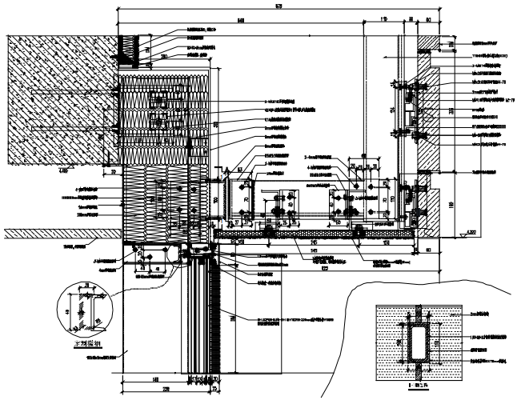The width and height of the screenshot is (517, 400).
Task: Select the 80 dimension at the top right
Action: tap(428, 18)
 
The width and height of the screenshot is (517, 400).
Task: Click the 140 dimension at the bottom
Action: tap(155, 380)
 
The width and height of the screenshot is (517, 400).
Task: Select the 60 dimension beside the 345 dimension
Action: tap(427, 249)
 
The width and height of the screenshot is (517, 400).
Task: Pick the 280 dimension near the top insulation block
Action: tap(164, 58)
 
